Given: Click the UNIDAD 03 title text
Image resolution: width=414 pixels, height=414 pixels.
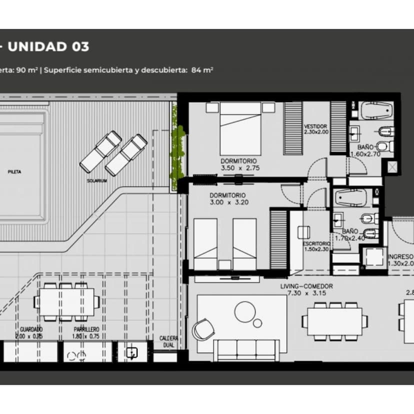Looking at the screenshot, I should (x=48, y=46).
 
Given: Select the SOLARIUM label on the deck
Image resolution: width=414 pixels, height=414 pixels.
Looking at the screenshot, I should (x=96, y=180).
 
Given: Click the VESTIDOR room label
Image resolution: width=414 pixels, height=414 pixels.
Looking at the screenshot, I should (x=315, y=126).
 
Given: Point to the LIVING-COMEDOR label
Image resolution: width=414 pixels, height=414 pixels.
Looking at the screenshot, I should (x=306, y=286).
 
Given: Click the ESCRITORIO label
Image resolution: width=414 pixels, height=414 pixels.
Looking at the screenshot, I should (x=316, y=243).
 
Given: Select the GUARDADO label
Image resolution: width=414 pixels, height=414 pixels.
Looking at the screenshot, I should (x=31, y=329).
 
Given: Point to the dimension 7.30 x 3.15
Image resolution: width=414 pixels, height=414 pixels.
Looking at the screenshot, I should (x=306, y=293).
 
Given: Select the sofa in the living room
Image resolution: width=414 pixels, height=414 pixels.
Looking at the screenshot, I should (x=245, y=349).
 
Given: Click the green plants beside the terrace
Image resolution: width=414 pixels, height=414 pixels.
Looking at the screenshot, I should (x=176, y=152).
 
